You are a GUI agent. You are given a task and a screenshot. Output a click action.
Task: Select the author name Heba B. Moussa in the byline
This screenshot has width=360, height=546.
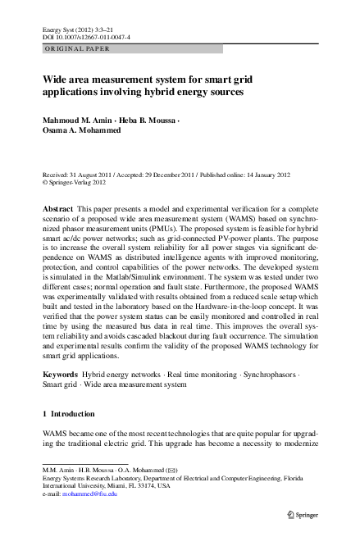[x=148, y=121]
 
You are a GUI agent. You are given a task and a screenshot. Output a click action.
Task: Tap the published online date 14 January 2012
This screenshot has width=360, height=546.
[x=287, y=175]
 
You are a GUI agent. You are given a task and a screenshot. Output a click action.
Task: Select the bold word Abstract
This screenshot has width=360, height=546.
[x=57, y=210]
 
